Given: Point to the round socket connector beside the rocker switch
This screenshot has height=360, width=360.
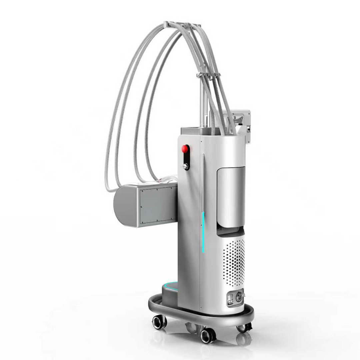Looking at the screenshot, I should (x=239, y=297).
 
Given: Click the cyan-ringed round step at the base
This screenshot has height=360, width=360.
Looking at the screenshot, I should (x=170, y=287).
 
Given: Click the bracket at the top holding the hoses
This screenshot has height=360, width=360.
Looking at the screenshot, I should (x=182, y=25).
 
